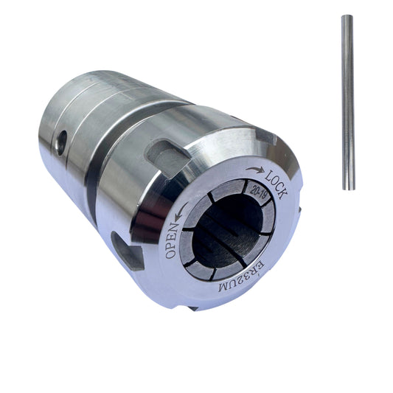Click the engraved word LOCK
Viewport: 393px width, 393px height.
click(276, 184)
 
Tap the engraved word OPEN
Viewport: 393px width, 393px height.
click(173, 240)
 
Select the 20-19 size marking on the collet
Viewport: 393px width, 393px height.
click(258, 192)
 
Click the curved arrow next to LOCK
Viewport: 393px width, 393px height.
click(254, 170)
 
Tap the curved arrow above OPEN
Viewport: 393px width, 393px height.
click(181, 212)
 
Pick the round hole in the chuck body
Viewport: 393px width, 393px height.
click(61, 142)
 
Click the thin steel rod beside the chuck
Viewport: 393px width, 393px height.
click(348, 102)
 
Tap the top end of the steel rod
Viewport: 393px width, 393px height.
click(347, 16)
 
